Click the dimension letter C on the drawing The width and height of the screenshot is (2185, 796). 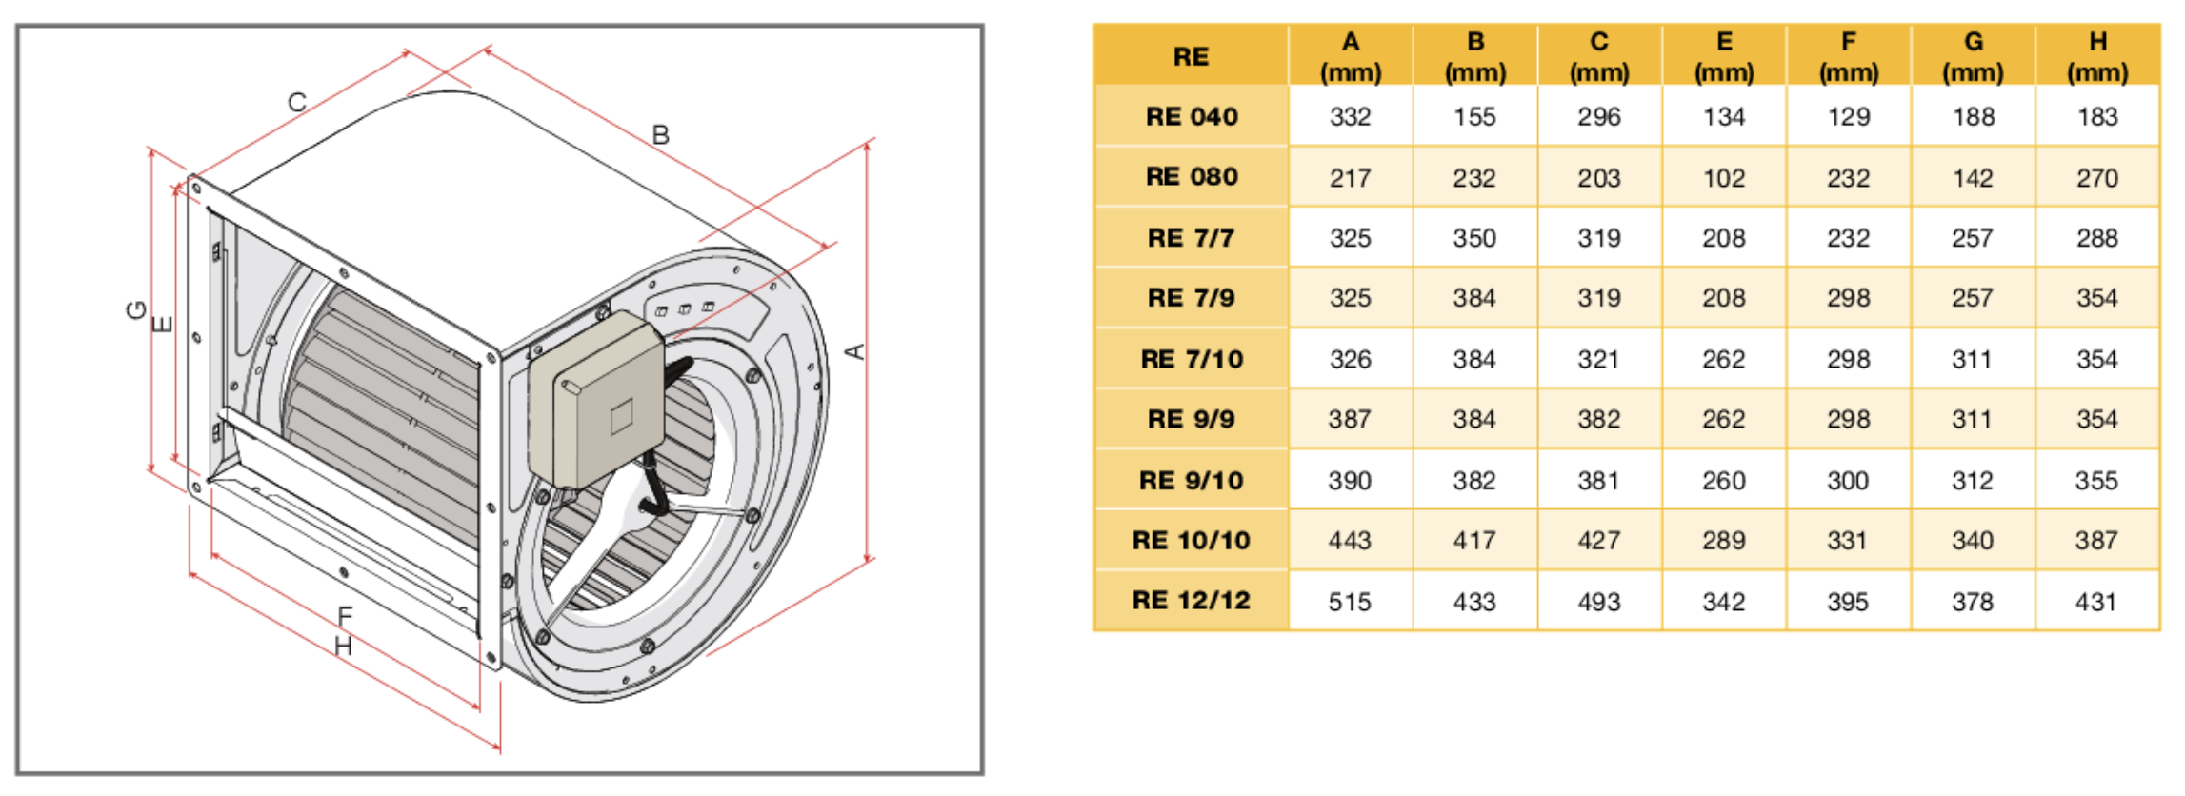pyautogui.click(x=297, y=102)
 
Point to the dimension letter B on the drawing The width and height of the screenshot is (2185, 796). pyautogui.click(x=660, y=135)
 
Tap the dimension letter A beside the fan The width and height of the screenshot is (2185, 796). pyautogui.click(x=855, y=352)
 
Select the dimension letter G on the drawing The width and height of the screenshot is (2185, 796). pyautogui.click(x=136, y=310)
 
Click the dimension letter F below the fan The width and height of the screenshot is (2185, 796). pyautogui.click(x=345, y=616)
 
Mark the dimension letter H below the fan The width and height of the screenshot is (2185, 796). pyautogui.click(x=343, y=647)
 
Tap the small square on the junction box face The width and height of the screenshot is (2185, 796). pyautogui.click(x=621, y=416)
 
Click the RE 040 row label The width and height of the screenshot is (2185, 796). pyautogui.click(x=1192, y=117)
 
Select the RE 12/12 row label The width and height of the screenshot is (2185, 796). pyautogui.click(x=1191, y=601)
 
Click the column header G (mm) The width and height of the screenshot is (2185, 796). pyautogui.click(x=1973, y=56)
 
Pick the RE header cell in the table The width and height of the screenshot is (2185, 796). pyautogui.click(x=1191, y=56)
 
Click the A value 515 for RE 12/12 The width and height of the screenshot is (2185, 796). pyautogui.click(x=1350, y=602)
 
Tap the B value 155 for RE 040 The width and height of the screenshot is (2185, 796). pyautogui.click(x=1474, y=117)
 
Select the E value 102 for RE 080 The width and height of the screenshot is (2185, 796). pyautogui.click(x=1724, y=178)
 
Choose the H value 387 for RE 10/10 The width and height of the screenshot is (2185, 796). pyautogui.click(x=2096, y=541)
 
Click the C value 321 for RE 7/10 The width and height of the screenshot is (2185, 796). pyautogui.click(x=1598, y=360)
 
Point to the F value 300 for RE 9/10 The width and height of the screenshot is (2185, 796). pyautogui.click(x=1848, y=481)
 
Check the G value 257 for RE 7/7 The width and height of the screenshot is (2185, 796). pyautogui.click(x=1973, y=238)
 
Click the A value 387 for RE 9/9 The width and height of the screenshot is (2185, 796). pyautogui.click(x=1350, y=420)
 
